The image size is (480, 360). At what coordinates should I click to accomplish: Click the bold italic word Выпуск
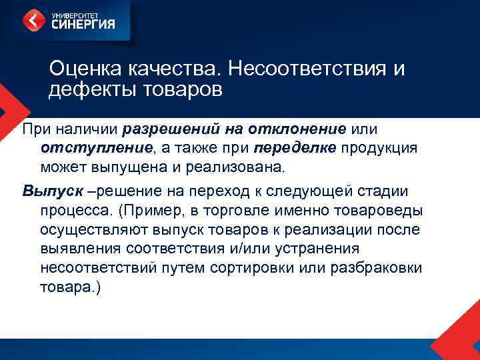point(52,191)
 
